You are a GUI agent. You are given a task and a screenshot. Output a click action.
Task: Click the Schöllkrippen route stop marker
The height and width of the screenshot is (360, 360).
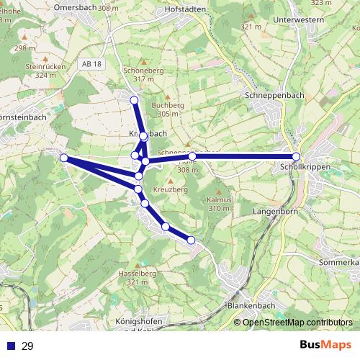(x=296, y=157)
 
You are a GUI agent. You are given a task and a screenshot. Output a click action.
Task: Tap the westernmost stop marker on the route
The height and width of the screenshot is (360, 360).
(x=63, y=158)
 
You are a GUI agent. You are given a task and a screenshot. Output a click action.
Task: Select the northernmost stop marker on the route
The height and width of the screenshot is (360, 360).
(x=133, y=100)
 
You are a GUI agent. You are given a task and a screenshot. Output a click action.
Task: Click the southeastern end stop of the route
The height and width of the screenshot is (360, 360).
(x=192, y=240)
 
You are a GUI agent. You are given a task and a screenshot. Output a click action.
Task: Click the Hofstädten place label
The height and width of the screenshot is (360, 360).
(x=186, y=9)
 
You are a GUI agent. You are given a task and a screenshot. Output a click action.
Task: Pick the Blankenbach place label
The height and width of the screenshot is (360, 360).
(x=247, y=305)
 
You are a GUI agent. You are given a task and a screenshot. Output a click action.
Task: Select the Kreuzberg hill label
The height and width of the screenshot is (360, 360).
(x=170, y=189)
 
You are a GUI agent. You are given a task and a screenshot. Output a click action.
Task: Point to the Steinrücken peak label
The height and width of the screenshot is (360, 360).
(x=40, y=66)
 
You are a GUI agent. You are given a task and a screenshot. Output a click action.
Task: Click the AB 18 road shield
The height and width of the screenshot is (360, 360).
(x=91, y=64)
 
